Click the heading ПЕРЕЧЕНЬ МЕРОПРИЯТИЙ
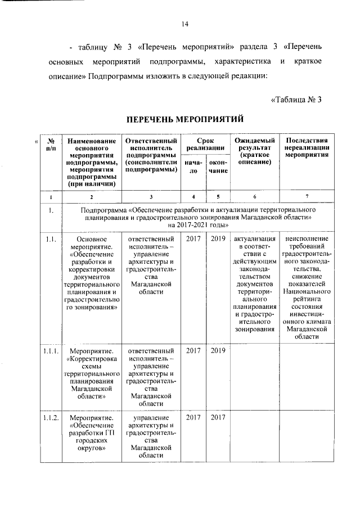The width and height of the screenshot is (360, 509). [184, 119]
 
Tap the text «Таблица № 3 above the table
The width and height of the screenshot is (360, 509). [296, 100]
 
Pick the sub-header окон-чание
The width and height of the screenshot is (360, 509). [218, 167]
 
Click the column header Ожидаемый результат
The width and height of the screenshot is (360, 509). [254, 151]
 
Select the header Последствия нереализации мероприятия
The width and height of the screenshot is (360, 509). [307, 148]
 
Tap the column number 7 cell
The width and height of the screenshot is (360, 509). [307, 197]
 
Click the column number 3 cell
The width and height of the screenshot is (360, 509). [151, 197]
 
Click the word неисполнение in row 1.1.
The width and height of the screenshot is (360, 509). [307, 240]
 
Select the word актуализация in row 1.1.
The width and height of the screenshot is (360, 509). [254, 240]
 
